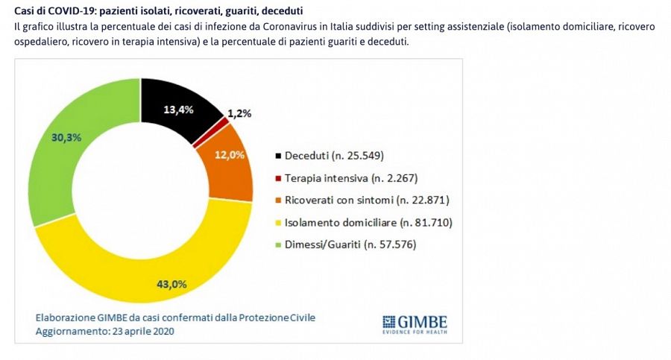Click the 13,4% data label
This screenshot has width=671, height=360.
pyautogui.click(x=178, y=110)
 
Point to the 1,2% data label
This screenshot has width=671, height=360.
pyautogui.click(x=239, y=114)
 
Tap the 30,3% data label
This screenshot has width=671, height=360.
pyautogui.click(x=66, y=137)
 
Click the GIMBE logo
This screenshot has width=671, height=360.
pyautogui.click(x=415, y=322)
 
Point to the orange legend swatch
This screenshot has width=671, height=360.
pyautogui.click(x=278, y=200)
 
